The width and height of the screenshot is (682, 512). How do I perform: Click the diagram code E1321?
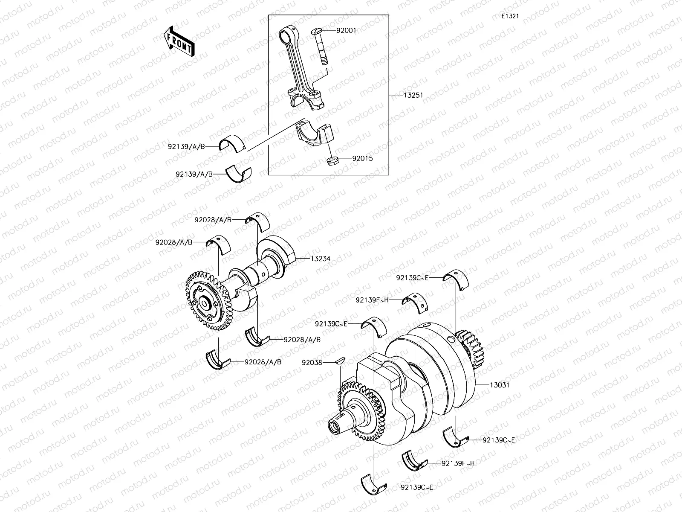(x=510, y=16)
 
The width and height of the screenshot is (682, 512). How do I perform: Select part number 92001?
(x=346, y=31)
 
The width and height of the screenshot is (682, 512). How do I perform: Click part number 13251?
(x=413, y=95)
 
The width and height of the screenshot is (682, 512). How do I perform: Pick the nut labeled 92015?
(x=332, y=161)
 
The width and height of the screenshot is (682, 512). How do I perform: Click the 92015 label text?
(x=362, y=158)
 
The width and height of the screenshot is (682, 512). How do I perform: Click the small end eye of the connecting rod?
(x=285, y=34)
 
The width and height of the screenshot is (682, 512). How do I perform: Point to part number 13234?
(x=320, y=259)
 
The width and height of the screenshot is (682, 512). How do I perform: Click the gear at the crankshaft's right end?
(x=471, y=350)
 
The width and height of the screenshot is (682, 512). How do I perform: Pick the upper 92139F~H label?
(x=373, y=300)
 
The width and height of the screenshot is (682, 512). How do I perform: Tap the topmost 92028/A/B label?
(x=213, y=220)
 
